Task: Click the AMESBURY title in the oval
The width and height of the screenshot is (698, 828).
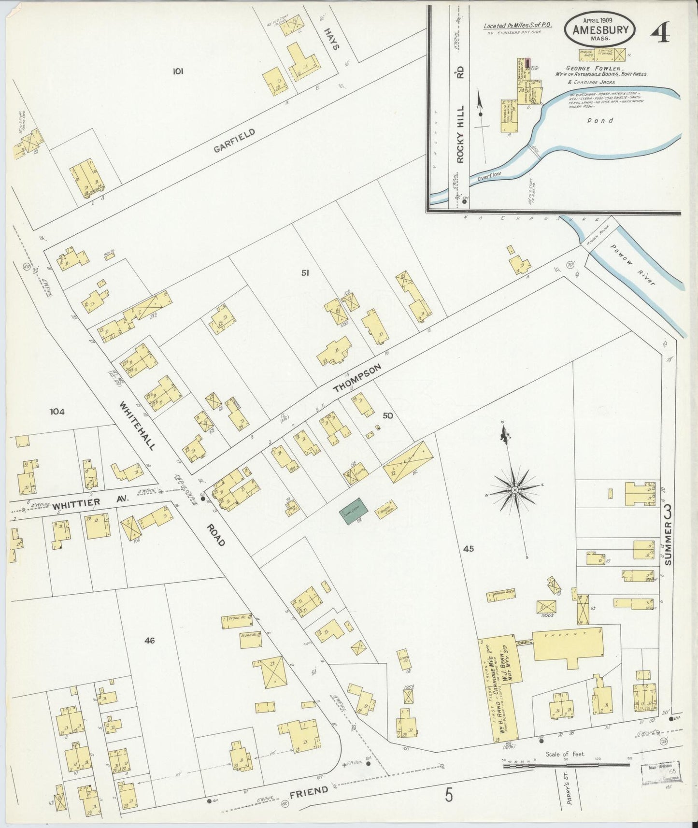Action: (x=600, y=30)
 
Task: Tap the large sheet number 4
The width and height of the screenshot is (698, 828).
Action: (x=660, y=33)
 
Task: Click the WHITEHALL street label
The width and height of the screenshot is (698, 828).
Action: (x=137, y=426)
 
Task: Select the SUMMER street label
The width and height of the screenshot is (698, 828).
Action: (x=669, y=542)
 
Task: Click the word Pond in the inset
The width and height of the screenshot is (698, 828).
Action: (x=600, y=121)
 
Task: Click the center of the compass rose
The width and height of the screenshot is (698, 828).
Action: (x=515, y=490)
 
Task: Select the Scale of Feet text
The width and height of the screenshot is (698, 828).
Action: (x=565, y=754)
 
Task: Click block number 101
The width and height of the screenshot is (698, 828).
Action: (x=178, y=71)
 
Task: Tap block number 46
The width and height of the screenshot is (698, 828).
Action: (x=149, y=641)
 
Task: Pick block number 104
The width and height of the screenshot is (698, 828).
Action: (x=57, y=412)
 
